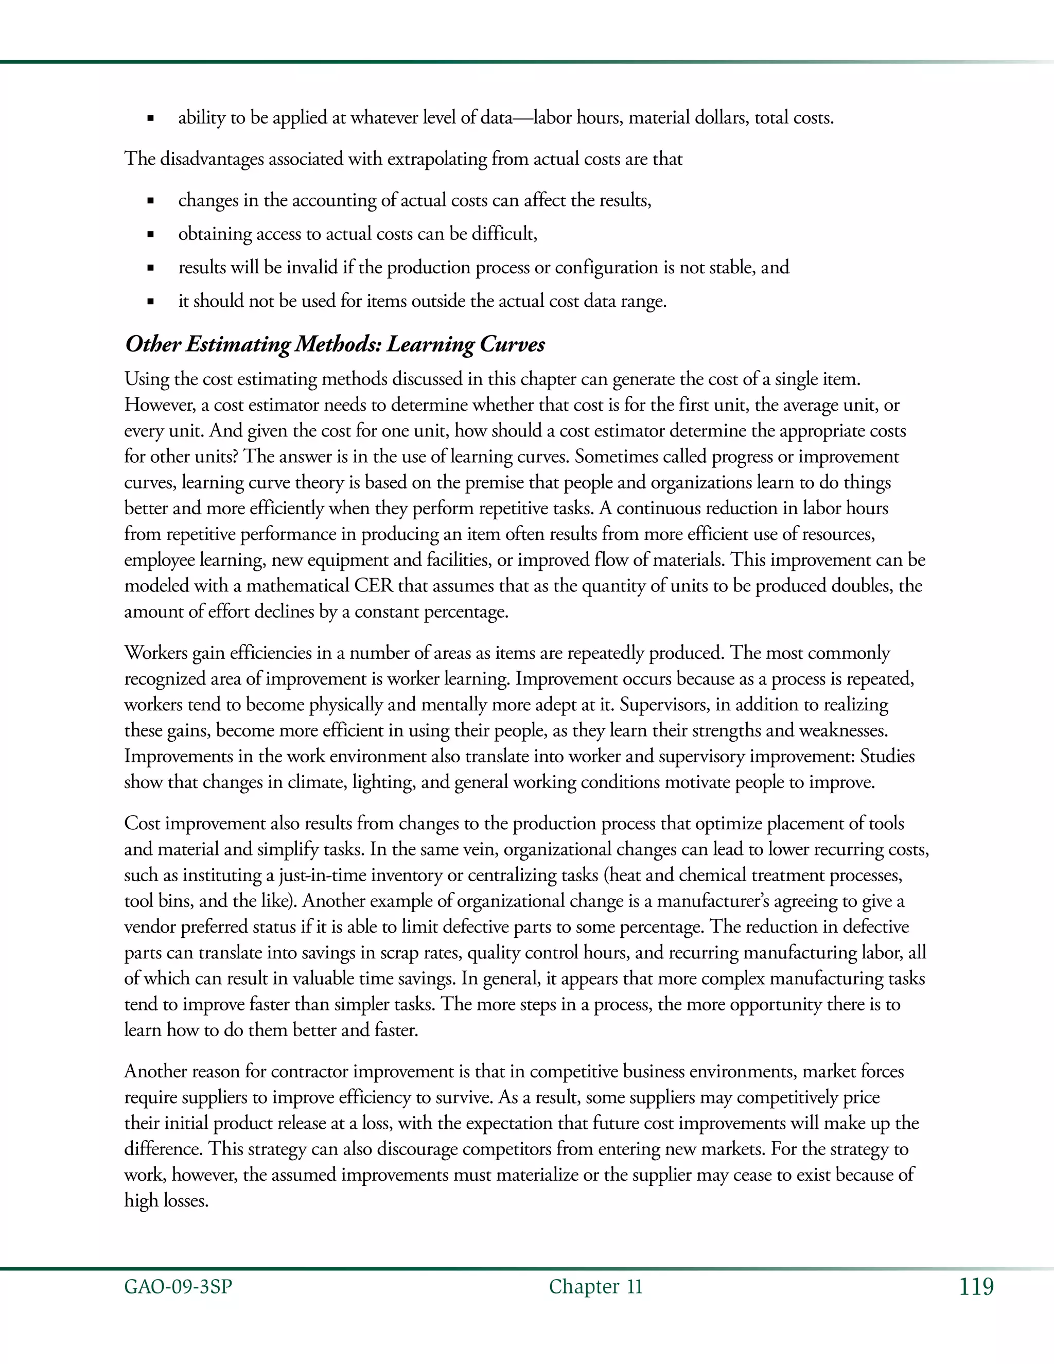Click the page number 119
(977, 1287)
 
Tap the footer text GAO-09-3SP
(178, 1287)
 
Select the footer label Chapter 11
(595, 1287)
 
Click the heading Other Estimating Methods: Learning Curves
(335, 345)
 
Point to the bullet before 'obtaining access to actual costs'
(150, 235)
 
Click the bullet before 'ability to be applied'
(150, 118)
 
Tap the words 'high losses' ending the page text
(166, 1201)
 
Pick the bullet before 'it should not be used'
(150, 302)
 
